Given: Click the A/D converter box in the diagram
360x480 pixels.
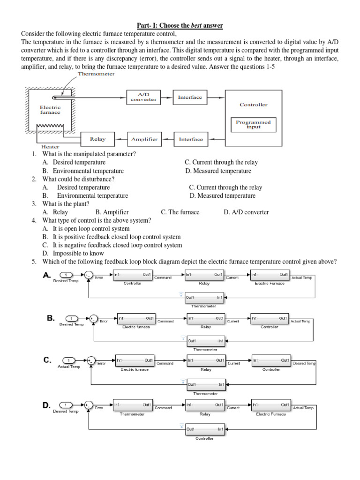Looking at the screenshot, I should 143,97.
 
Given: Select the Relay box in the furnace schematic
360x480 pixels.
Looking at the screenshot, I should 97,139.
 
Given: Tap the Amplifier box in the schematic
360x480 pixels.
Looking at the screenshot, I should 144,139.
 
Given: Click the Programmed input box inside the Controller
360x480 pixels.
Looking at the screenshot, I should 254,124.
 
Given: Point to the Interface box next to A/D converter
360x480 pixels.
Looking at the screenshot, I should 190,97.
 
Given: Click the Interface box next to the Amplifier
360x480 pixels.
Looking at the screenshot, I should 191,139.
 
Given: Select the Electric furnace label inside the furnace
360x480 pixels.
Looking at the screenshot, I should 50,109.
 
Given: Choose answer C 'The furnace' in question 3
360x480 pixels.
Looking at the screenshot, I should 180,212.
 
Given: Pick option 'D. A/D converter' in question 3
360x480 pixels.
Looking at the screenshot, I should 246,212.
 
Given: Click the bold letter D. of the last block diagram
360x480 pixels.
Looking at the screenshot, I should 47,405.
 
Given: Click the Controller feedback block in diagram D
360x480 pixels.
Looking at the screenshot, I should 204,429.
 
